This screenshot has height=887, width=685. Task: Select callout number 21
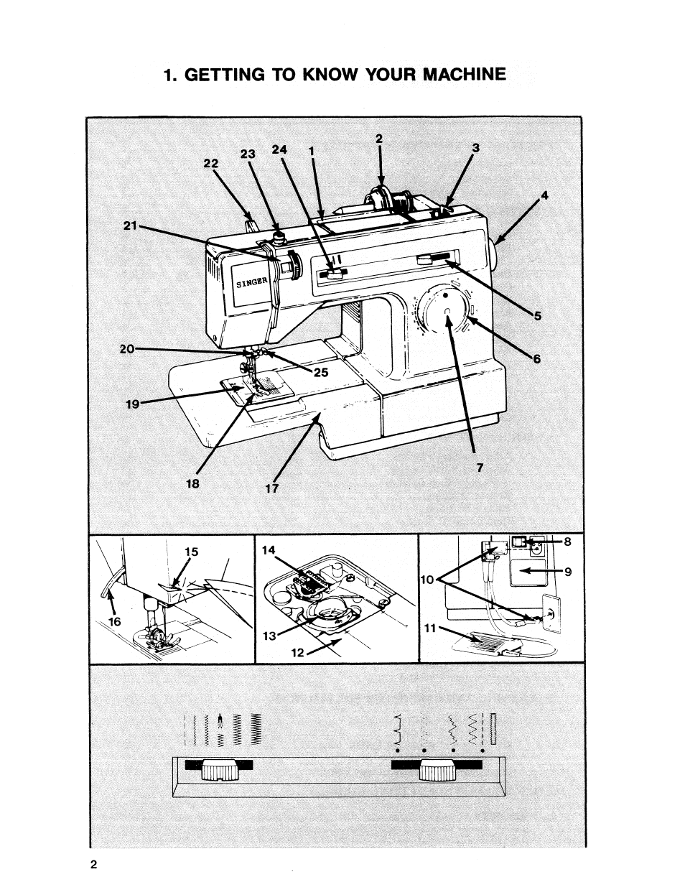tap(129, 226)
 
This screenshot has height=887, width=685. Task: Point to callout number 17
tap(271, 488)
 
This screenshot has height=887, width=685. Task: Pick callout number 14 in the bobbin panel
tap(269, 549)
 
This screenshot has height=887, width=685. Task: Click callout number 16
tap(112, 621)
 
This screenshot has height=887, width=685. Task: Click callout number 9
tap(567, 572)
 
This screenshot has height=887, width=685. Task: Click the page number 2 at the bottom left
tap(94, 864)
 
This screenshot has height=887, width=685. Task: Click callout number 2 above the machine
tap(380, 139)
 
